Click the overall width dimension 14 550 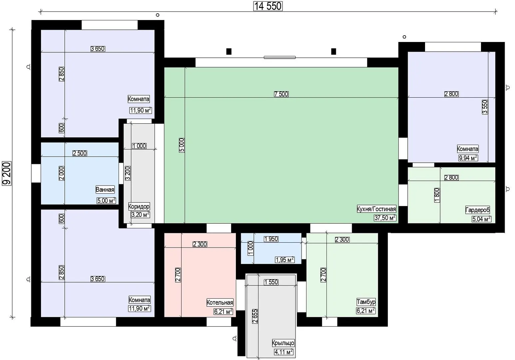pos(268,6)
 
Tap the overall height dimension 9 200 pos(7,173)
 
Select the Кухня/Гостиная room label pos(376,209)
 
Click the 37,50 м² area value pos(385,218)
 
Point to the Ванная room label pos(105,190)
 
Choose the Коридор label pos(139,206)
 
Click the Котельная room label pos(220,302)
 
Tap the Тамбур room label pos(366,302)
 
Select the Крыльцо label pos(283,343)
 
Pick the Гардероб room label pos(478,210)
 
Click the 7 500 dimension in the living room pos(281,94)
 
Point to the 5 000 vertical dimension pos(182,145)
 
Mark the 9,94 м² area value pos(468,158)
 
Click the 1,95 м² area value pos(284,260)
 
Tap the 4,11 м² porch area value pos(284,352)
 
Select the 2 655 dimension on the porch pos(255,316)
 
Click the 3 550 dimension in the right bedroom pos(485,107)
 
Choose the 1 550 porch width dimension pos(271,282)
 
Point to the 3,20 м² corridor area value pos(140,215)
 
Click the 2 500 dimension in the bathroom pos(80,153)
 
